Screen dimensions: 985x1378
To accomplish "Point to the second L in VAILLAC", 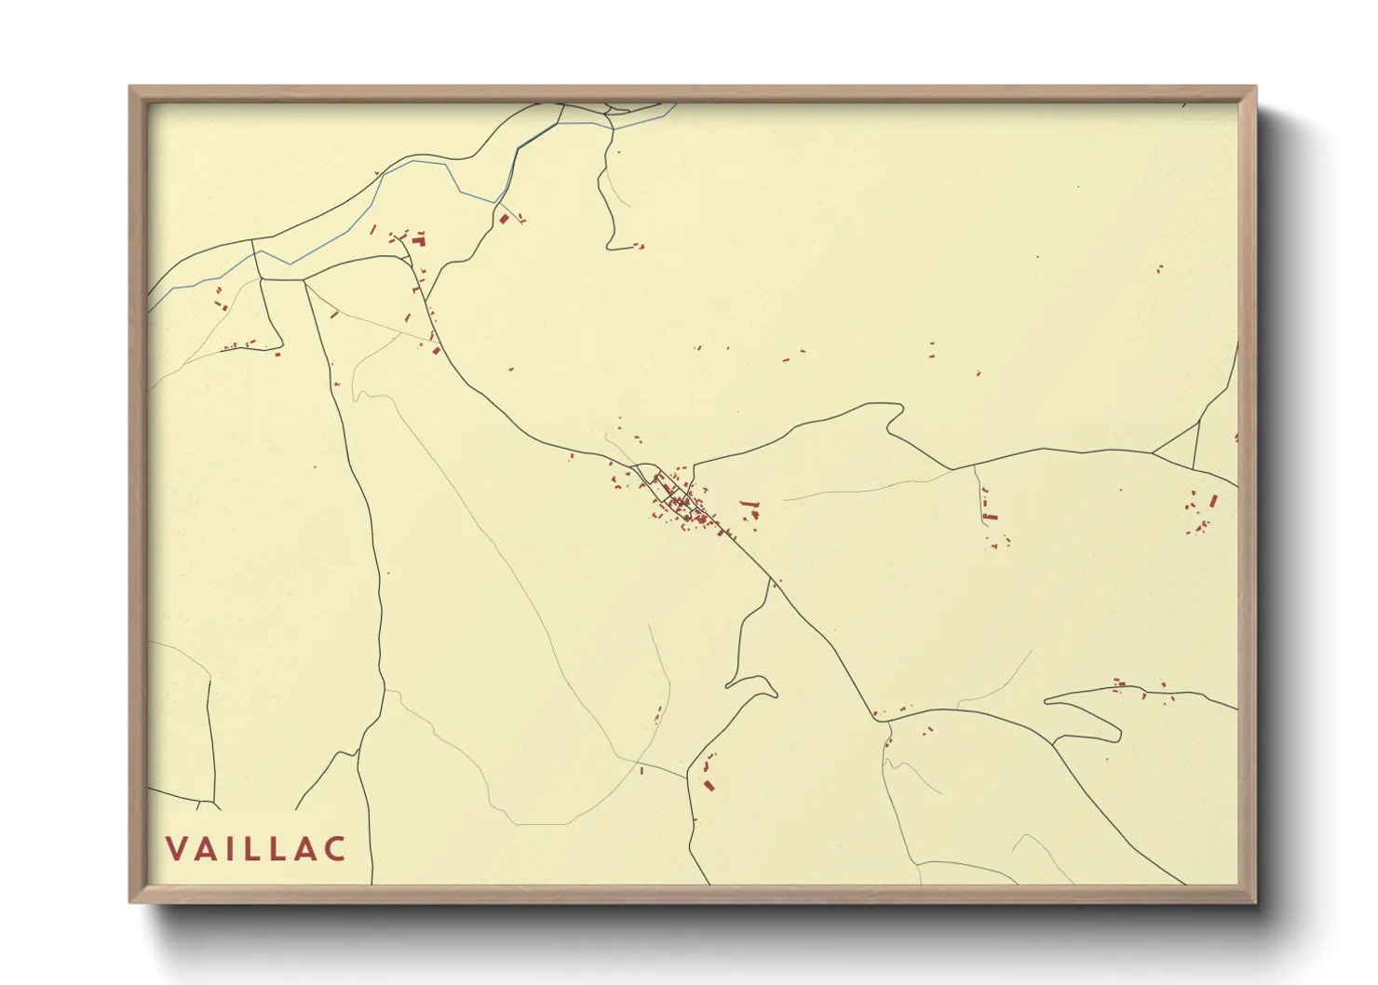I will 277,849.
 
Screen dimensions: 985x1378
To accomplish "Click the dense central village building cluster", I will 684,503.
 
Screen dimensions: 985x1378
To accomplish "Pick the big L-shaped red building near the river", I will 418,240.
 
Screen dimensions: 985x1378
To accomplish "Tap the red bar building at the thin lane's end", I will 990,516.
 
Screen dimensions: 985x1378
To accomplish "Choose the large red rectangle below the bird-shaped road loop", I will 708,785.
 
